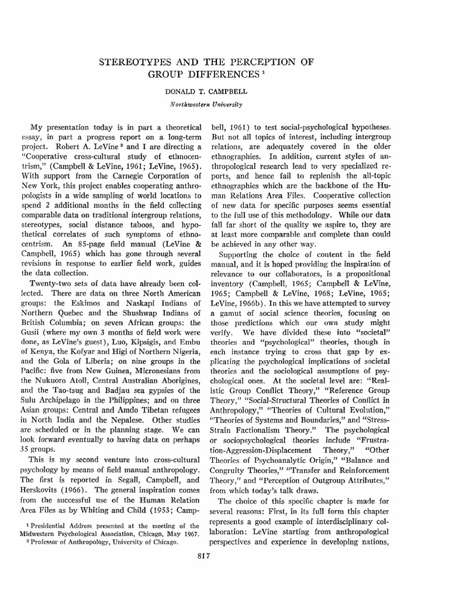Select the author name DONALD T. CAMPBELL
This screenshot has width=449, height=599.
[x=224, y=92]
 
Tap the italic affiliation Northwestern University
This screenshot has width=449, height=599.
[x=224, y=105]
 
